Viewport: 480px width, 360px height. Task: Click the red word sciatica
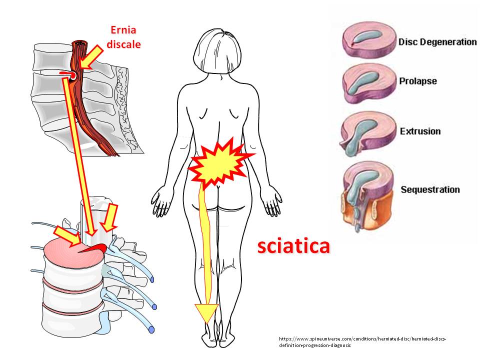click(x=293, y=246)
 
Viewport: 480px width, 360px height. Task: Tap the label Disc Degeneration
click(x=437, y=42)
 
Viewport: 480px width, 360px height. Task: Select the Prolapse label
click(x=417, y=81)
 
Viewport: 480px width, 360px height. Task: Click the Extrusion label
click(x=420, y=131)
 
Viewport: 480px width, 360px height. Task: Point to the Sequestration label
click(x=430, y=190)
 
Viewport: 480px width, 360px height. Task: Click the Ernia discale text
click(x=123, y=37)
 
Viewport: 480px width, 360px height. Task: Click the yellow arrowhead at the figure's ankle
click(x=205, y=313)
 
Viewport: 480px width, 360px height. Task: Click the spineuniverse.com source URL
click(x=362, y=342)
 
